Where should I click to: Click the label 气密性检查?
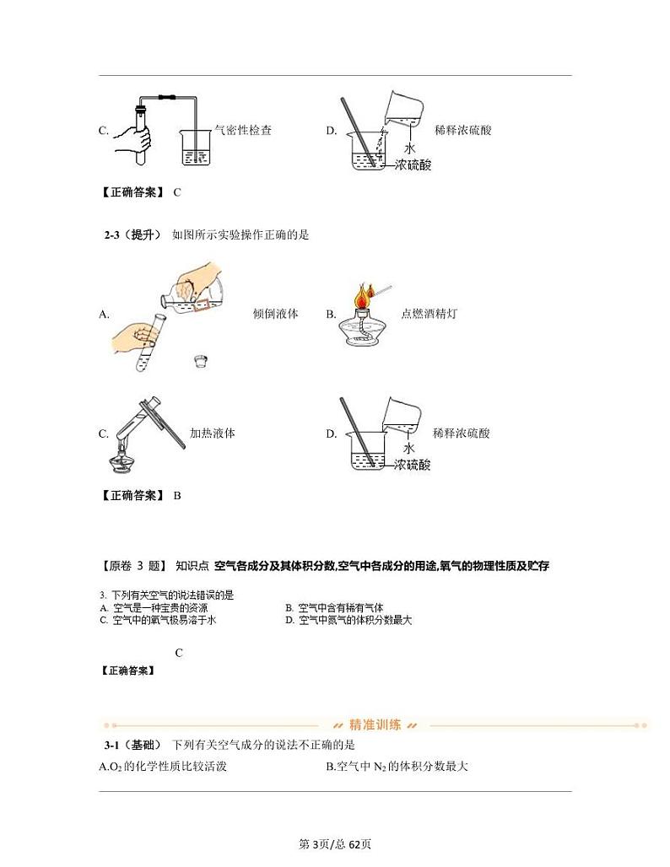tap(243, 130)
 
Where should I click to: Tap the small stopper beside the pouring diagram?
tap(201, 361)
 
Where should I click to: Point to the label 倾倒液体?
tap(275, 314)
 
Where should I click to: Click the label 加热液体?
tap(212, 433)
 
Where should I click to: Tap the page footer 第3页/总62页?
tap(335, 844)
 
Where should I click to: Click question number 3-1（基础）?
tap(132, 745)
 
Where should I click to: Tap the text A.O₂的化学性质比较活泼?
tap(163, 767)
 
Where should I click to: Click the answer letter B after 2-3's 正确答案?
tap(177, 496)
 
